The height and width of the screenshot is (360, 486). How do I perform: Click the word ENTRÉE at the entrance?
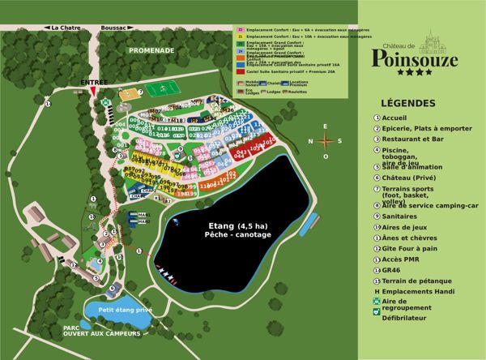(95, 83)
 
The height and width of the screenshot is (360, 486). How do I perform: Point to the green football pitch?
(154, 89)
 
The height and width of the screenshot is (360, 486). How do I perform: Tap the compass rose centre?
(326, 140)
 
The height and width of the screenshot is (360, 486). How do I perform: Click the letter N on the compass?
(311, 141)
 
